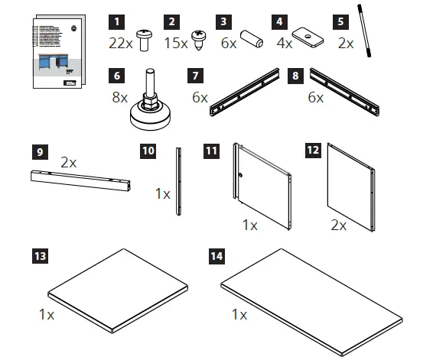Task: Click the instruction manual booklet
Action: pos(54,54)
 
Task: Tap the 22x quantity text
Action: pos(120,43)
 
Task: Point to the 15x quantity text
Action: pos(176,43)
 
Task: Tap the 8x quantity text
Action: pos(120,98)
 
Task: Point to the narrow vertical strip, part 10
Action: pos(178,182)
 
